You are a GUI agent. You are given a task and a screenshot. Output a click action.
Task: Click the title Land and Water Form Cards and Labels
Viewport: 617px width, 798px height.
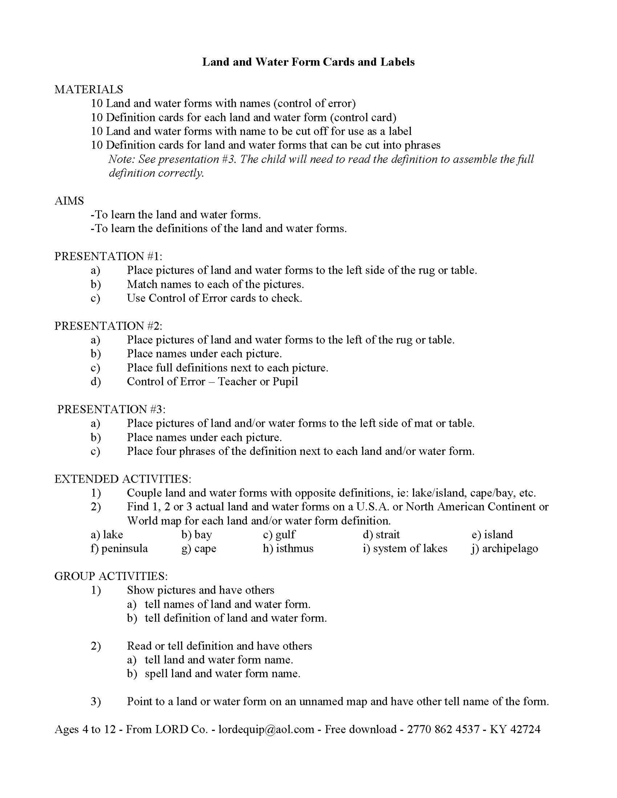coord(308,62)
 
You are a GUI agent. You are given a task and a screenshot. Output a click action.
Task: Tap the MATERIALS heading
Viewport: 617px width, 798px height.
coord(88,89)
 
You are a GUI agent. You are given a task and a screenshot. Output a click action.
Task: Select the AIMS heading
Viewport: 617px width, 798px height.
coord(69,201)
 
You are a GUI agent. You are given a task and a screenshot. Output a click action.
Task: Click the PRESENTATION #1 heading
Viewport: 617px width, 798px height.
coord(108,256)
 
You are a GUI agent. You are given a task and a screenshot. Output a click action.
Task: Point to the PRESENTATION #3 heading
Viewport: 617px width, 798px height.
coord(111,409)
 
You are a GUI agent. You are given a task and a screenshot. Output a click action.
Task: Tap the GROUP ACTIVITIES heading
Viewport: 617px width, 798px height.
coord(111,576)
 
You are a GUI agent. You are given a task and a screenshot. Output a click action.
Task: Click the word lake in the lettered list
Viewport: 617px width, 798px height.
coord(113,535)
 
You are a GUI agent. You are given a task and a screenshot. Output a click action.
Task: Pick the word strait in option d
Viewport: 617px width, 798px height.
coord(388,535)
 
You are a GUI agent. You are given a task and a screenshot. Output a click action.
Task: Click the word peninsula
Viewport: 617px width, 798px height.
coord(125,548)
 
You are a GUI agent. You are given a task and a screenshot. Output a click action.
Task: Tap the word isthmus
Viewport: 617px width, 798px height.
coord(295,548)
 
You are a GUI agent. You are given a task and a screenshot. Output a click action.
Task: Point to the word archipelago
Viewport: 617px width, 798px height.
coord(510,548)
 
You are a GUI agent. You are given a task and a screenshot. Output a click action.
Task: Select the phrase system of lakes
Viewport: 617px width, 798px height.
coord(410,548)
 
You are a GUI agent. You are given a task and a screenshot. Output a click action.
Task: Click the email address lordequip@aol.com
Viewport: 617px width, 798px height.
coord(266,729)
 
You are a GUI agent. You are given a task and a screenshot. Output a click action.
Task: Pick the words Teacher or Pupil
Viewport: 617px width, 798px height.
coord(258,382)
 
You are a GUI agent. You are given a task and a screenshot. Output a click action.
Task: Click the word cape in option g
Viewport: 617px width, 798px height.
coord(205,548)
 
